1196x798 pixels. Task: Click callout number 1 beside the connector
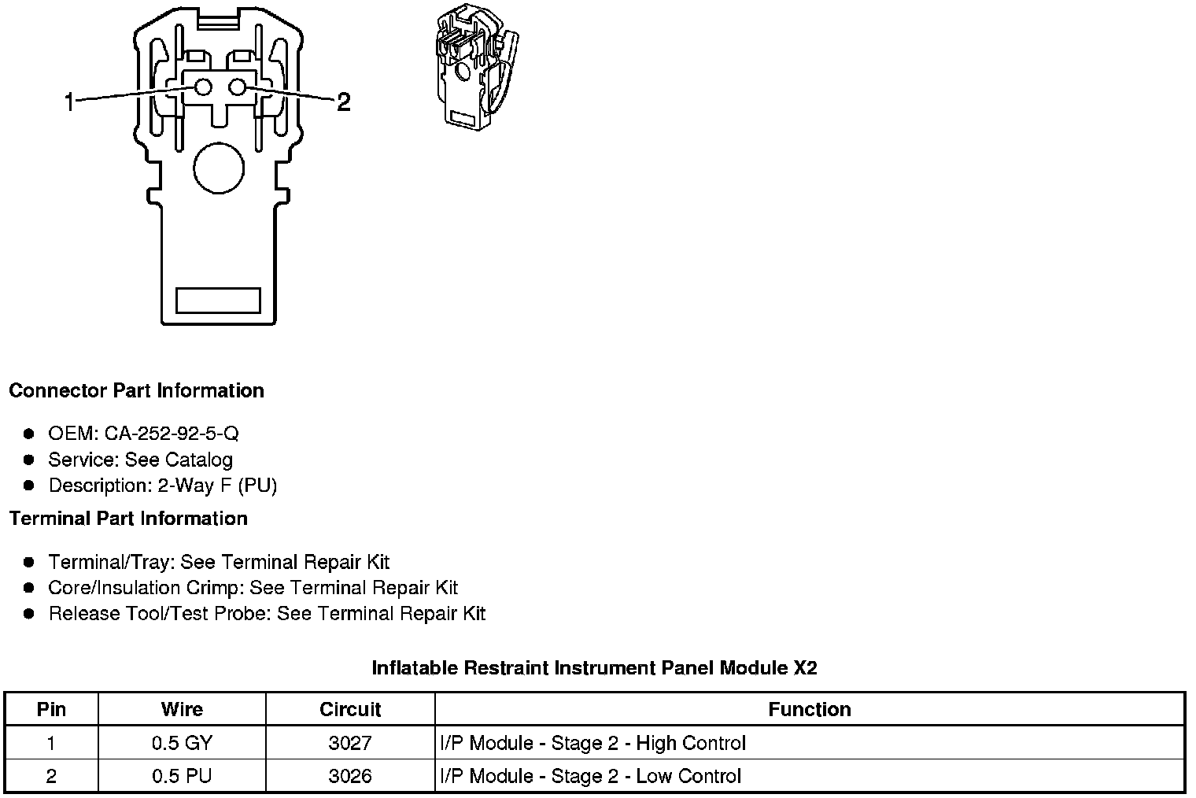tap(69, 102)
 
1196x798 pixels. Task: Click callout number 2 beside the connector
tap(343, 102)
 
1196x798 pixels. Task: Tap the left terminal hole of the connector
tap(203, 87)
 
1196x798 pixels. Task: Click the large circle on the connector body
tap(219, 168)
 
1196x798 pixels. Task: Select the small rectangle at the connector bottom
tap(218, 300)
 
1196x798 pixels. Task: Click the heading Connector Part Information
tap(136, 391)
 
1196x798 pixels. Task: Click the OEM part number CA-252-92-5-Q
tap(172, 434)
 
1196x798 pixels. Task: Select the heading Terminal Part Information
tap(128, 519)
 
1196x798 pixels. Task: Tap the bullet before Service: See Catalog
tap(29, 460)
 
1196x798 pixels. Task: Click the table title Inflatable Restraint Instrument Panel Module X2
tap(594, 668)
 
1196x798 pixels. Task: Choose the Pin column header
tap(51, 709)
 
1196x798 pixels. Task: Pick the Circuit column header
tap(350, 709)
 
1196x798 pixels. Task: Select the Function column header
tap(809, 709)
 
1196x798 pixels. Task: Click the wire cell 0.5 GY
tap(182, 743)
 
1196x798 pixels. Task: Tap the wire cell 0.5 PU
tap(182, 776)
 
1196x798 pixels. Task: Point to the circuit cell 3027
tap(350, 743)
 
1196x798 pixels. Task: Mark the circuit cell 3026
tap(350, 776)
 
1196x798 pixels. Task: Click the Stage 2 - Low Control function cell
tap(590, 776)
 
